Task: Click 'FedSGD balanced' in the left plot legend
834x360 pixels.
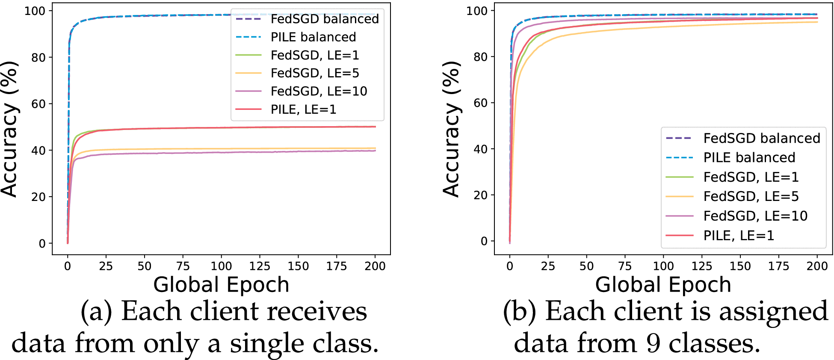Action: (x=324, y=19)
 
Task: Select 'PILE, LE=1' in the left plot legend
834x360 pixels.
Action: (x=303, y=109)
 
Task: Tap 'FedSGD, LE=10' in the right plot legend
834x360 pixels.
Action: (x=755, y=216)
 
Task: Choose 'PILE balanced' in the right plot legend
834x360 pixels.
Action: (x=749, y=157)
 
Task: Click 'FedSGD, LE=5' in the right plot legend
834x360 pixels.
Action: (x=751, y=196)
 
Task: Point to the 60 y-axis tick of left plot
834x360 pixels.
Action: (x=38, y=104)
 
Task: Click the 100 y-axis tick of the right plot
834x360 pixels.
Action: (x=476, y=11)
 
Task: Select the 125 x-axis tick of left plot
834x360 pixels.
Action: (x=260, y=266)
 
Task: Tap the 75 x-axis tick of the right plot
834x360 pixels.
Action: (x=625, y=266)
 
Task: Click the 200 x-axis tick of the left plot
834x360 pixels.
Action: (x=375, y=266)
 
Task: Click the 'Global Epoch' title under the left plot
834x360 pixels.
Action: (x=221, y=285)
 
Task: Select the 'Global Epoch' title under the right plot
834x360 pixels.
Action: (x=663, y=285)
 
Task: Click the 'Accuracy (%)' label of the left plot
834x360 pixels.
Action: (x=9, y=128)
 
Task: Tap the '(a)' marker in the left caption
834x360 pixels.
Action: (x=96, y=311)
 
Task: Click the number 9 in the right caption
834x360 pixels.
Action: (x=653, y=343)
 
